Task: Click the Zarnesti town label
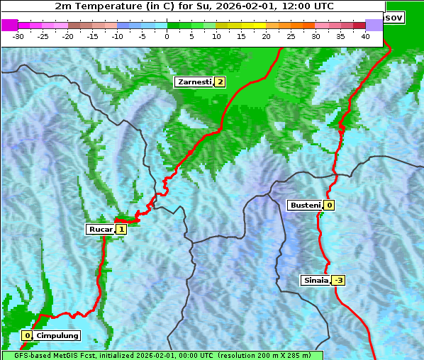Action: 194,82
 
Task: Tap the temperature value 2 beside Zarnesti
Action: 220,82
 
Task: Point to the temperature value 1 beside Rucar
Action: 121,229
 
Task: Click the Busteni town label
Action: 305,206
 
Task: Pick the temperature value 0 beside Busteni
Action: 329,206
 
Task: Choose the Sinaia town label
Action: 316,280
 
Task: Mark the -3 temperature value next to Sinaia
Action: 338,280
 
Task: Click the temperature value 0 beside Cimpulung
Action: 27,335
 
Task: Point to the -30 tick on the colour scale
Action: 18,36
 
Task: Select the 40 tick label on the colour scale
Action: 365,36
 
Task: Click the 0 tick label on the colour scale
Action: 167,36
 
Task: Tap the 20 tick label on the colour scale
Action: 266,36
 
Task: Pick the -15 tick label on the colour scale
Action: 93,36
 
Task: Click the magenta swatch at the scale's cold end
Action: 9,25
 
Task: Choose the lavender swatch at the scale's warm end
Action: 374,25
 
